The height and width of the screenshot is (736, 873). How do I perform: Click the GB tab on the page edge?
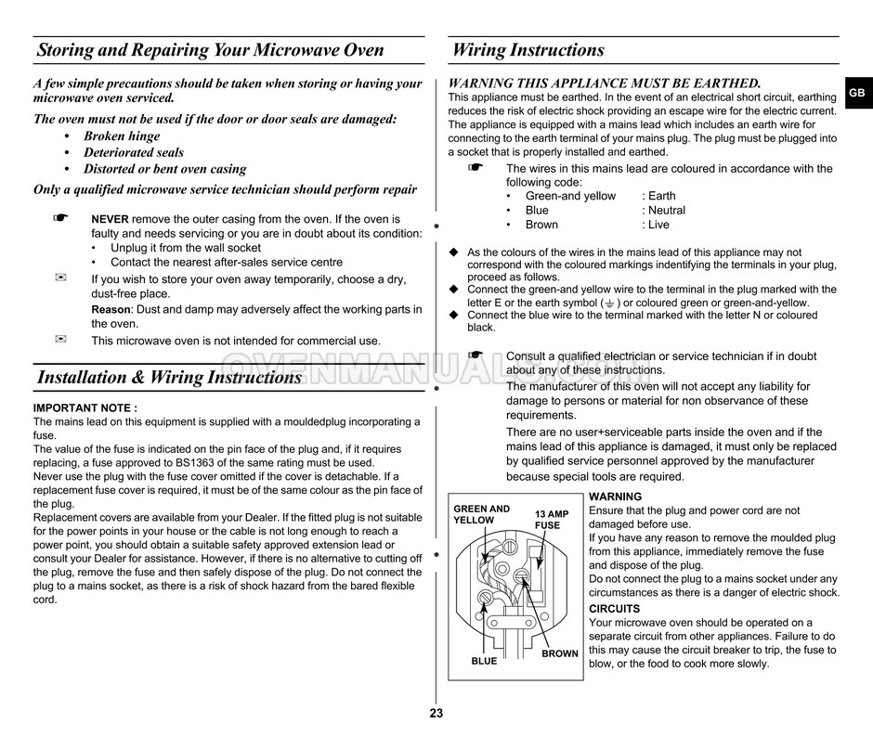[856, 93]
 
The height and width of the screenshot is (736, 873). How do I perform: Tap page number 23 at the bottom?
[436, 714]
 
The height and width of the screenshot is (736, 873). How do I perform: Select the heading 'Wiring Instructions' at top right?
[528, 50]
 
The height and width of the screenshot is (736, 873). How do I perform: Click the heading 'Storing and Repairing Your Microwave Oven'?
[210, 50]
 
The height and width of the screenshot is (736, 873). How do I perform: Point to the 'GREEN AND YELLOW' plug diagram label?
[481, 514]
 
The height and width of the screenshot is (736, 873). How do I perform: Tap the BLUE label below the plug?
[484, 662]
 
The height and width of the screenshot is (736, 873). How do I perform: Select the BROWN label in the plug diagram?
[560, 653]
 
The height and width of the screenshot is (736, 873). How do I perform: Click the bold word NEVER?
[110, 219]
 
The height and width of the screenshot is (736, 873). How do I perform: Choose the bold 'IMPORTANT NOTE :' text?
[85, 407]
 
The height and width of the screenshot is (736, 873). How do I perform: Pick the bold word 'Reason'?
[111, 309]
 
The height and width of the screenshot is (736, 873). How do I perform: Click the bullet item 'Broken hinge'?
[122, 136]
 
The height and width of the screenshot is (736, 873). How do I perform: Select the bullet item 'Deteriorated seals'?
[134, 152]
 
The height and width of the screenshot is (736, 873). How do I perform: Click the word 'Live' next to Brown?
[658, 225]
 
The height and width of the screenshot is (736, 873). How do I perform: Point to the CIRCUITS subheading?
[615, 609]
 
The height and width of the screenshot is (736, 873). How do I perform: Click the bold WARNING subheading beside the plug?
[615, 497]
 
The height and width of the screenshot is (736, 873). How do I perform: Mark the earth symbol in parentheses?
[609, 303]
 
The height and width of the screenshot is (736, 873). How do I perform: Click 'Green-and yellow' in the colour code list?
[570, 196]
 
